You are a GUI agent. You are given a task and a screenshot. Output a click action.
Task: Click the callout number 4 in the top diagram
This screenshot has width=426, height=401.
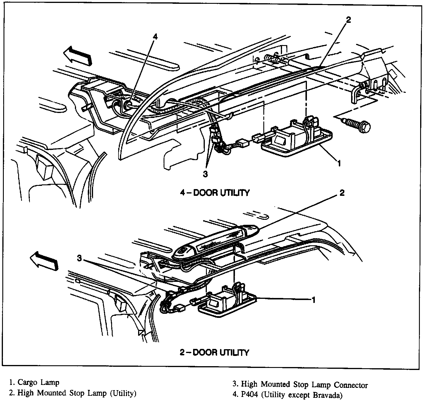(x=155, y=37)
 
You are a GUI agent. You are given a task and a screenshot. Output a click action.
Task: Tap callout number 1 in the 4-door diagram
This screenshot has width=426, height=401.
(x=339, y=163)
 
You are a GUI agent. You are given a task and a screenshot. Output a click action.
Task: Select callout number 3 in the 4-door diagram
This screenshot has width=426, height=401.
(x=205, y=174)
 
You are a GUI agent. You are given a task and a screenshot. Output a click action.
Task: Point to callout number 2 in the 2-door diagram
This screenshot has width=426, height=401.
(x=342, y=193)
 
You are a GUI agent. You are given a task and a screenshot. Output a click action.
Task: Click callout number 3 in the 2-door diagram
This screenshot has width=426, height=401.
(x=79, y=258)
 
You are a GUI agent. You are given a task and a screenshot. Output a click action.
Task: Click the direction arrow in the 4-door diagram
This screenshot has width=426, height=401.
(x=78, y=56)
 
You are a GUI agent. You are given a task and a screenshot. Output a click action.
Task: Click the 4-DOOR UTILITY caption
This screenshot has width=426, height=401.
(x=214, y=193)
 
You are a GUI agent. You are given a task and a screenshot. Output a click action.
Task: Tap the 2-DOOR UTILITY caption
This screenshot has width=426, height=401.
(x=214, y=352)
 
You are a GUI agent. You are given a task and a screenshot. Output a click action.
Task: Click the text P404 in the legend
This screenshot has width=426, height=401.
(x=250, y=396)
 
